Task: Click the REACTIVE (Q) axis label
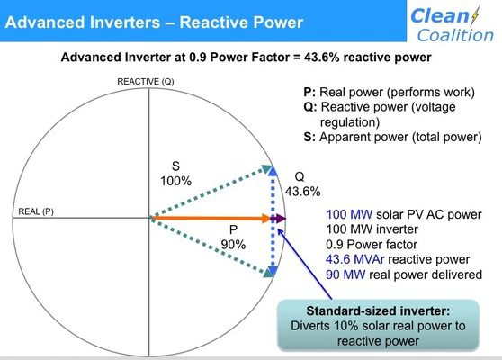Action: click(146, 82)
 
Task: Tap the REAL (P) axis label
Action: click(36, 211)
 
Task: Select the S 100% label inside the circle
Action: click(175, 174)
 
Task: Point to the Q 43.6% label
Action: click(302, 184)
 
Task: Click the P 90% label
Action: click(233, 238)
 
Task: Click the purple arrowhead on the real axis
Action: click(281, 219)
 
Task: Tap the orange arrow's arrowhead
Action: click(266, 219)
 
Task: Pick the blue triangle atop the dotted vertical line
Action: click(273, 171)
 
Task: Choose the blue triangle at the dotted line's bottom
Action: click(273, 271)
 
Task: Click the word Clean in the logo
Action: click(440, 16)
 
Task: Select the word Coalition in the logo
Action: click(455, 35)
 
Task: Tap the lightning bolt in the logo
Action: click(475, 15)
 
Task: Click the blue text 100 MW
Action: click(349, 214)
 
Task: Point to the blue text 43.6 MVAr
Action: click(354, 259)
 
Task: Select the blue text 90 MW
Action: click(345, 274)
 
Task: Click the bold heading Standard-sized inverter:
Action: click(378, 310)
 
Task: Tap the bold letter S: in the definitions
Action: click(309, 137)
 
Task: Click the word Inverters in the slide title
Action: click(125, 22)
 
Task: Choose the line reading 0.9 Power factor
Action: click(372, 245)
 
